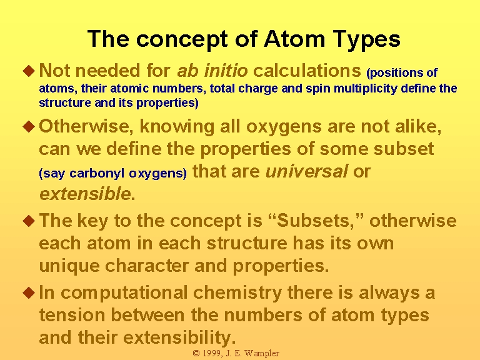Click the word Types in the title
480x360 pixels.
coord(366,39)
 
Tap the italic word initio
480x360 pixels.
coord(226,71)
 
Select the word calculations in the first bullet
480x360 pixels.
coord(307,71)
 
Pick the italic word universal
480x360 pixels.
coord(306,171)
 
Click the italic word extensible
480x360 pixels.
coord(85,194)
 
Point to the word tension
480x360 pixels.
coord(72,315)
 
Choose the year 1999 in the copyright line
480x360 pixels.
coord(211,353)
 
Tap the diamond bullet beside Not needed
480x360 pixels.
coord(29,71)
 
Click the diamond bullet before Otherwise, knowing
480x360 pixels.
coord(29,126)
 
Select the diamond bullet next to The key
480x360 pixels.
coord(29,221)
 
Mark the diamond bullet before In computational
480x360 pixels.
coord(29,292)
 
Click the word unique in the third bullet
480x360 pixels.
coord(69,266)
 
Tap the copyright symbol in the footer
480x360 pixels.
coord(196,354)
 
